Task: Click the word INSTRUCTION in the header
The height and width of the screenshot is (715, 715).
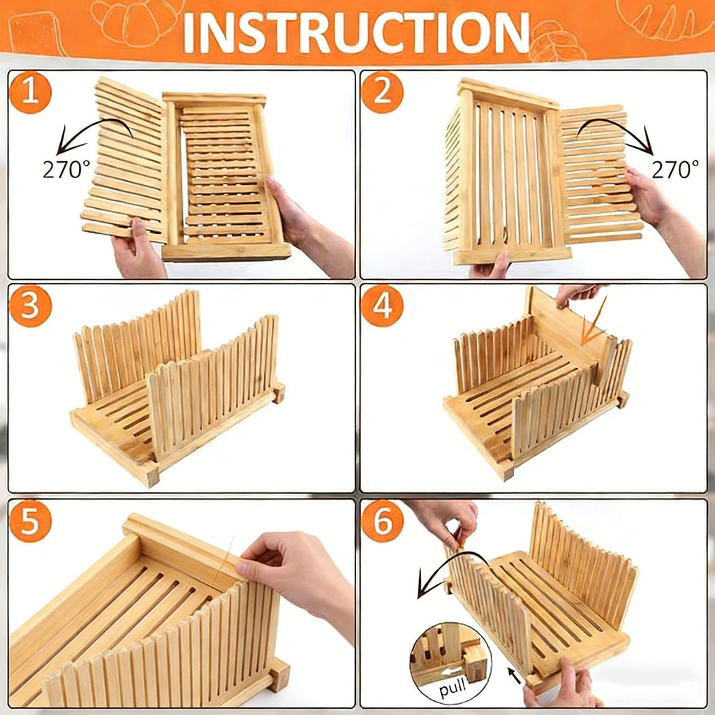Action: click(x=356, y=31)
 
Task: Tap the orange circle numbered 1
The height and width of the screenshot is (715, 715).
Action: click(x=30, y=92)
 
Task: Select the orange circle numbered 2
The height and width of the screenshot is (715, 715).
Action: click(x=382, y=92)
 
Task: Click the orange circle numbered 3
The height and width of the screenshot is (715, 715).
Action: click(x=30, y=307)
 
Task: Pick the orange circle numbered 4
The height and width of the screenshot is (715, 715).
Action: click(x=382, y=307)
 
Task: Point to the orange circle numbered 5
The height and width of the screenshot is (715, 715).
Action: click(x=30, y=522)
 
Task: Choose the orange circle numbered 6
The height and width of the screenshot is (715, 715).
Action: click(x=382, y=522)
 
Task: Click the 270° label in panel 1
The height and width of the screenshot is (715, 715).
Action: click(x=66, y=169)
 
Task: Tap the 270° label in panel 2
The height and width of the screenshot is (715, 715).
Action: click(x=675, y=169)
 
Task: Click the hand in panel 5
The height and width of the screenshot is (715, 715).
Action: click(x=293, y=569)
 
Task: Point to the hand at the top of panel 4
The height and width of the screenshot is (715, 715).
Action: click(x=576, y=293)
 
